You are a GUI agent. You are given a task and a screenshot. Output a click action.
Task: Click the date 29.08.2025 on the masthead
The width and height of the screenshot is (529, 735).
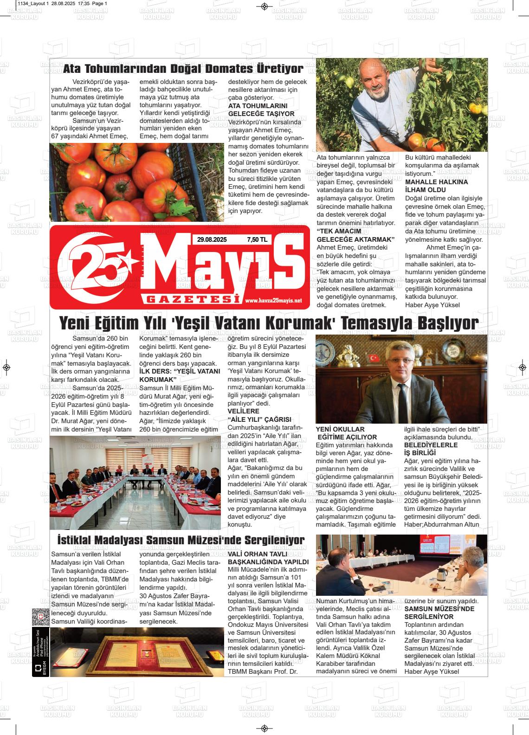(212, 240)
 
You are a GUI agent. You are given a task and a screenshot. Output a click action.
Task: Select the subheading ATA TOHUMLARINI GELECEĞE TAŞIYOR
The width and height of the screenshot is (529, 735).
(261, 110)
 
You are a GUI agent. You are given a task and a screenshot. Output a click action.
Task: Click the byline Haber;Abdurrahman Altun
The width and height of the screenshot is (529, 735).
(441, 524)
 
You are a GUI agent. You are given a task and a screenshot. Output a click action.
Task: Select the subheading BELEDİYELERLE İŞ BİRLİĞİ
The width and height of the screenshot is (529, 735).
(424, 449)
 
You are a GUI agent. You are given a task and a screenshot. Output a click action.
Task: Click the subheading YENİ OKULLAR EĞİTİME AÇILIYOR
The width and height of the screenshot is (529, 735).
(346, 433)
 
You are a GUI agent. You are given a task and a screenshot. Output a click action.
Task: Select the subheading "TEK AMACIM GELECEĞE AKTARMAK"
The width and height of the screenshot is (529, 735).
(355, 235)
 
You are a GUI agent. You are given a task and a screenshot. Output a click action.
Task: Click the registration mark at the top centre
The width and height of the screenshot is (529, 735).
(264, 6)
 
